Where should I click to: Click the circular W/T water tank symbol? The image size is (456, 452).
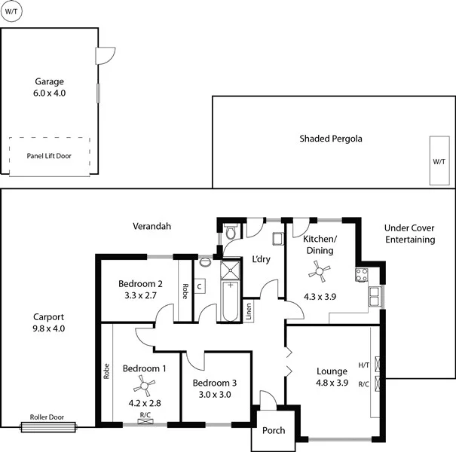tap(11, 13)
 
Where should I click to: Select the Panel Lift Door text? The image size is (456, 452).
tap(49, 155)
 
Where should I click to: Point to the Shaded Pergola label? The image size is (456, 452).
tap(331, 139)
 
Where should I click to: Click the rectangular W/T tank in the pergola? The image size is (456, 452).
tap(439, 161)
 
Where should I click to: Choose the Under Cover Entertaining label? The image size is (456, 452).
tap(409, 234)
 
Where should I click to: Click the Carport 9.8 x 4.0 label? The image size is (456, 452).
tap(49, 322)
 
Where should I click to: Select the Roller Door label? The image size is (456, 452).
tap(47, 417)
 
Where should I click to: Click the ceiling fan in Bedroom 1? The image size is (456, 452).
tap(142, 387)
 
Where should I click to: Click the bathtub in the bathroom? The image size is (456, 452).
tap(228, 301)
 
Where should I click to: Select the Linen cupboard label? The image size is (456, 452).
tap(249, 311)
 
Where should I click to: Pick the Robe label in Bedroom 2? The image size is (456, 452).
tap(185, 291)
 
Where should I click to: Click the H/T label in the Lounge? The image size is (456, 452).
tap(363, 365)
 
